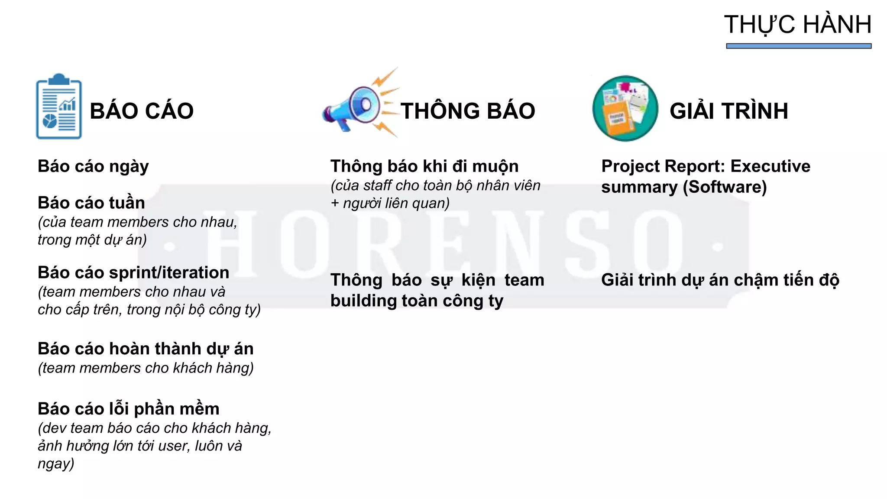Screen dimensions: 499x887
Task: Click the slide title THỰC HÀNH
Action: (798, 25)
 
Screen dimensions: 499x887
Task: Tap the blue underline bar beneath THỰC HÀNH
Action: (798, 46)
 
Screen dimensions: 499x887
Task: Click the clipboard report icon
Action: (59, 107)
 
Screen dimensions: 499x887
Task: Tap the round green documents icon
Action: (625, 108)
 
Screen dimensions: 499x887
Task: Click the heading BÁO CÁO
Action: (142, 111)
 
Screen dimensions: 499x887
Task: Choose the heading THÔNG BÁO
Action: (468, 111)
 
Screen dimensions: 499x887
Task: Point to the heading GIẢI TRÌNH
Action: (728, 111)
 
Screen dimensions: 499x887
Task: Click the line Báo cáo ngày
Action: (93, 166)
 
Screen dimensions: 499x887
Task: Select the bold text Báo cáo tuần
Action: (91, 203)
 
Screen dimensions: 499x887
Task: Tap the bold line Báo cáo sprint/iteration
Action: (133, 272)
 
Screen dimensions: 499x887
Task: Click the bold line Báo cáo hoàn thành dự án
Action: (146, 349)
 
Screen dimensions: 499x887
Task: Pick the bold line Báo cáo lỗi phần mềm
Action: (129, 409)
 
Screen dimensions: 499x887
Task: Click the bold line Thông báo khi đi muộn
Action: (424, 166)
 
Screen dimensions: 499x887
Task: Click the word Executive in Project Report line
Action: (770, 166)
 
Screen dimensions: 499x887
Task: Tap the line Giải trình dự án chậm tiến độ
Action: (720, 280)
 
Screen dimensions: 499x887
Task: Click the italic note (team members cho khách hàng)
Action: (146, 368)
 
